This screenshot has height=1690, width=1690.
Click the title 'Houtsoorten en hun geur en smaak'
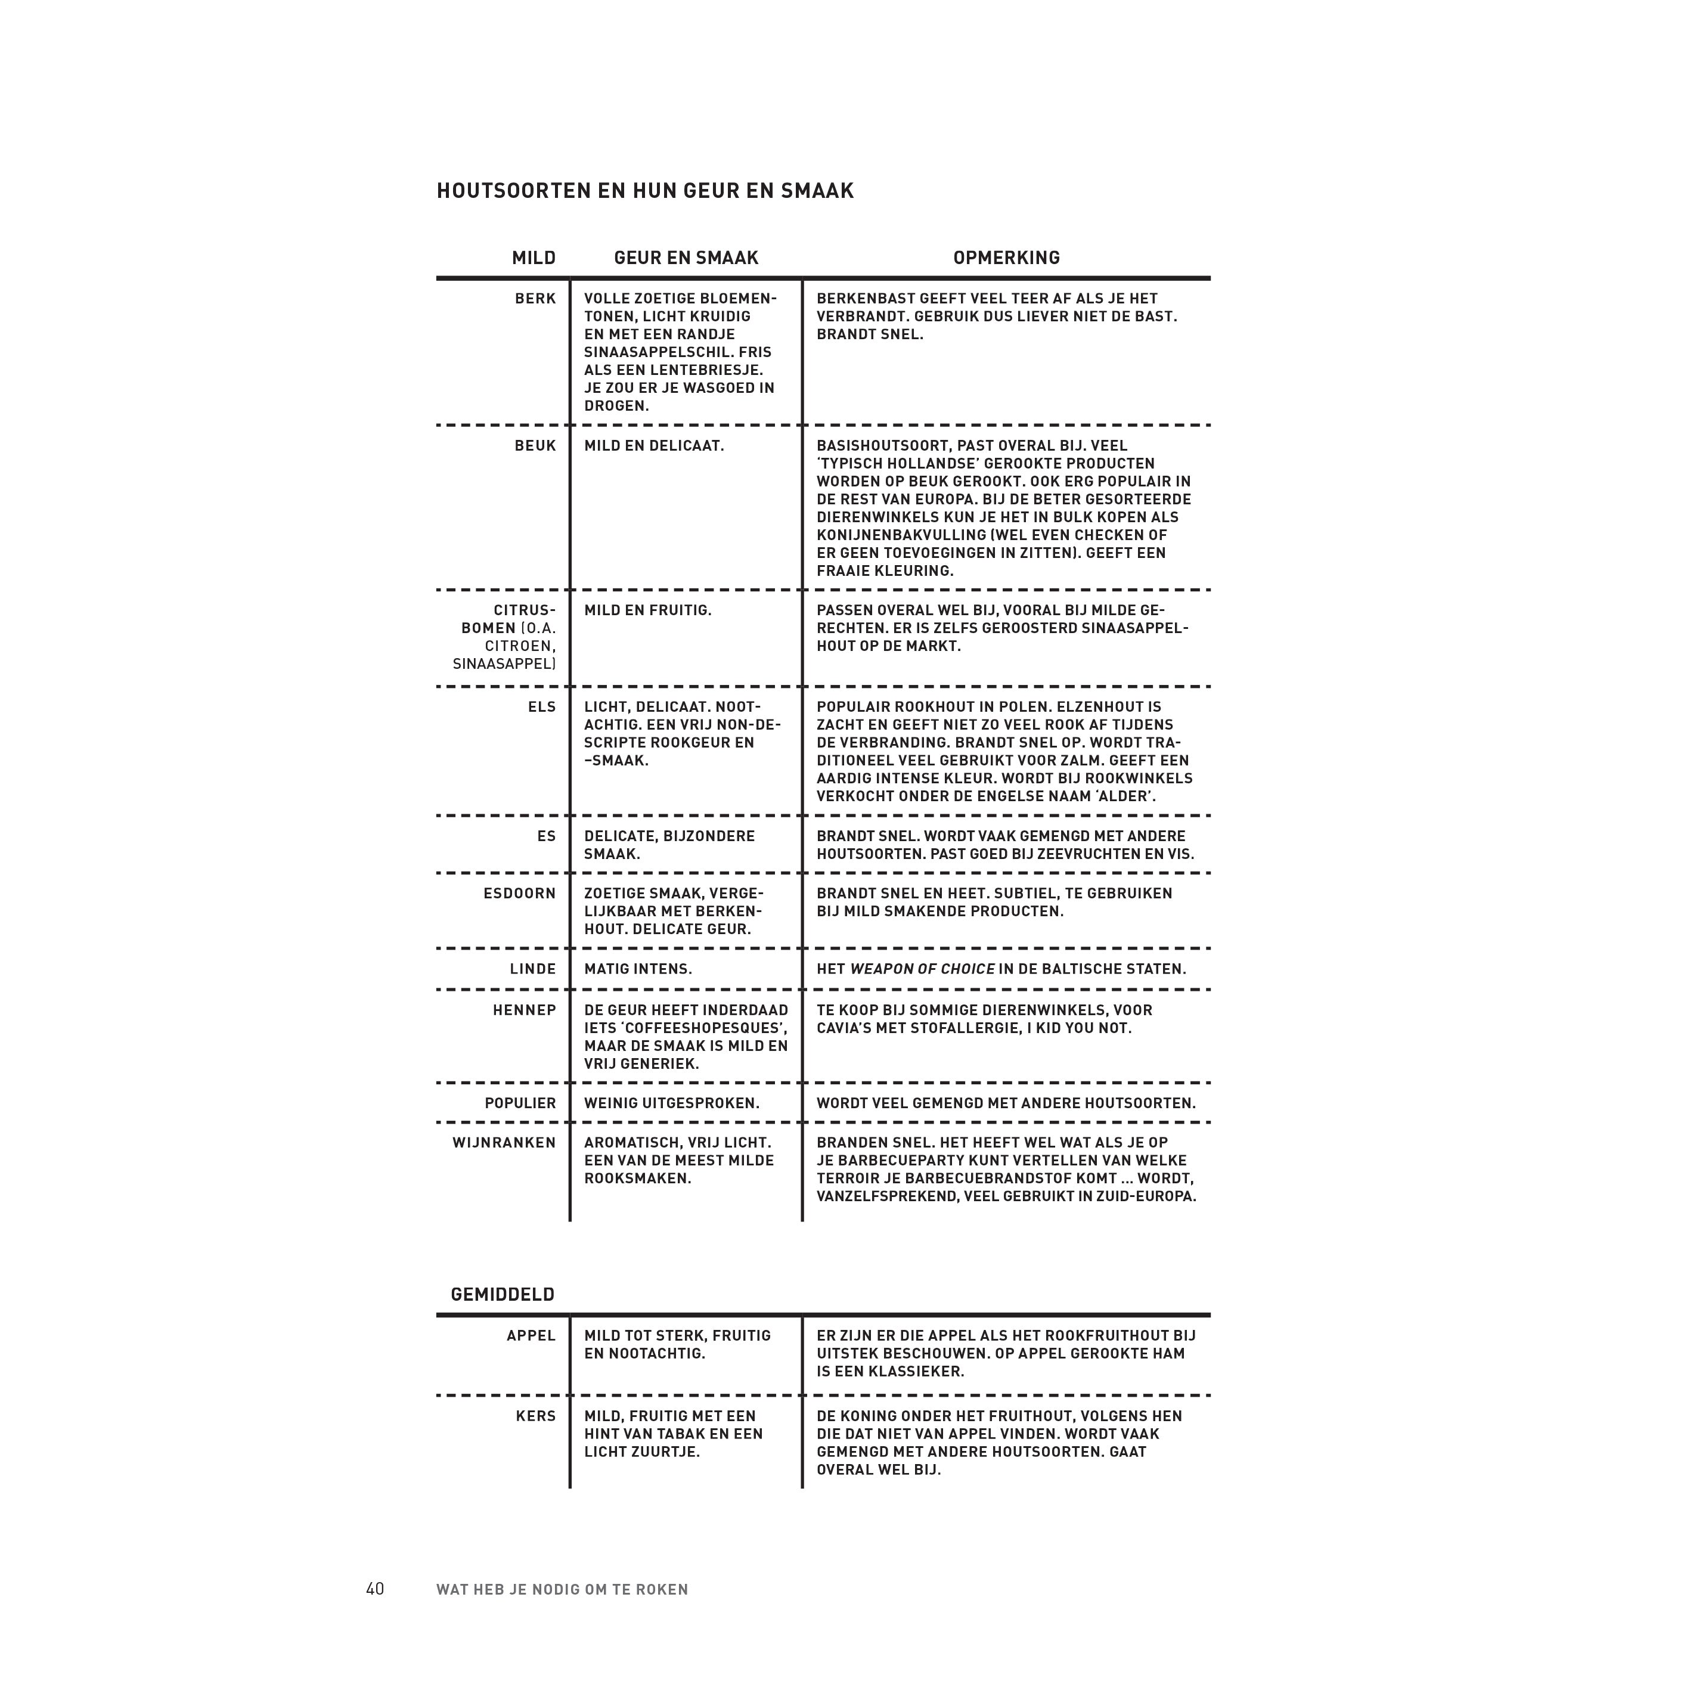tap(644, 191)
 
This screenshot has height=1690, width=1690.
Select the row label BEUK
tap(535, 446)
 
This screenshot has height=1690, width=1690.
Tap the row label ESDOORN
tap(520, 893)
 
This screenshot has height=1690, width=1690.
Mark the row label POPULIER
tap(520, 1103)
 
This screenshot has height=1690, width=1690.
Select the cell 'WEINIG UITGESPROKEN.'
tap(672, 1103)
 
